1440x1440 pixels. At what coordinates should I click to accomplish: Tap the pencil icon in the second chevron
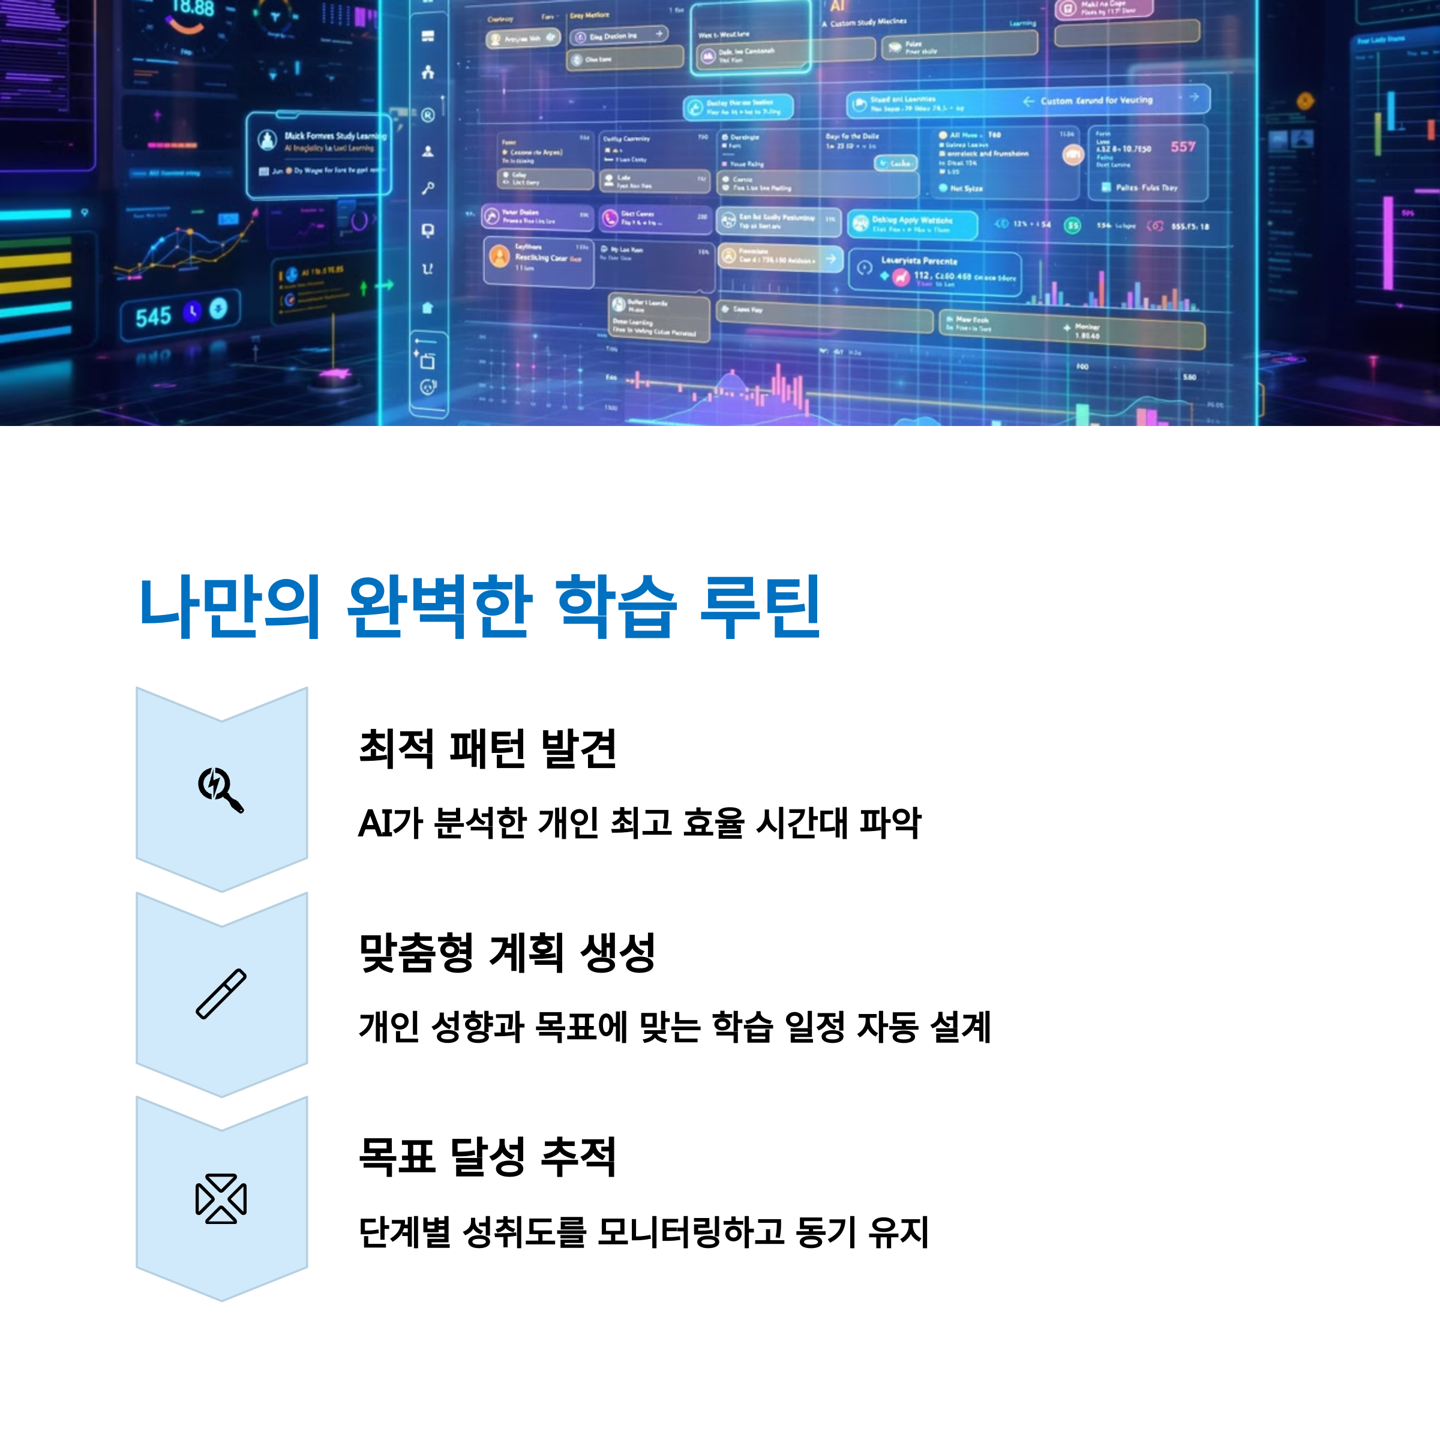pyautogui.click(x=221, y=994)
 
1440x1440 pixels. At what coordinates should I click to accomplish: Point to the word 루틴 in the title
pyautogui.click(x=760, y=607)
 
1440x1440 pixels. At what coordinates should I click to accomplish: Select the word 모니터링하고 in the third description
pyautogui.click(x=690, y=1232)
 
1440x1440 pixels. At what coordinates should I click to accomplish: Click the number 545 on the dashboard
pyautogui.click(x=153, y=317)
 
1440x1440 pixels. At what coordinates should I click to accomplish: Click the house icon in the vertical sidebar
pyautogui.click(x=428, y=307)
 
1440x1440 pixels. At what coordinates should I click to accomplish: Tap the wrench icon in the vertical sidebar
pyautogui.click(x=428, y=188)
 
